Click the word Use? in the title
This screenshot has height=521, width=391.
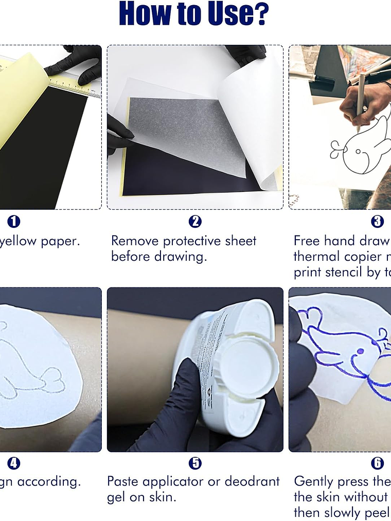[x=239, y=14]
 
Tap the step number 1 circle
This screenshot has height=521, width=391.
[x=14, y=222]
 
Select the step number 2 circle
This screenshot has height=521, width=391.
[x=195, y=222]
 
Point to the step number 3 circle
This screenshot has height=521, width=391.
[x=377, y=222]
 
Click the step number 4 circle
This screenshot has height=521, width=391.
[x=14, y=463]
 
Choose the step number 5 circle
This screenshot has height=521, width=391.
[x=195, y=463]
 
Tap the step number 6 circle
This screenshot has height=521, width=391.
[x=377, y=463]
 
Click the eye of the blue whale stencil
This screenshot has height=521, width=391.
[x=360, y=351]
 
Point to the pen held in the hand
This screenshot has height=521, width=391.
[x=361, y=103]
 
